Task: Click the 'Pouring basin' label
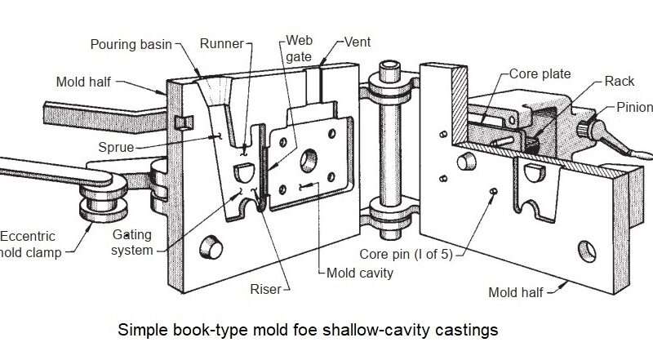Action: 131,44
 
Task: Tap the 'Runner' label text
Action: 222,45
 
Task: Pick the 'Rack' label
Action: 618,81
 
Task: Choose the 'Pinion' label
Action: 634,108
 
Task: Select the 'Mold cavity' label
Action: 360,272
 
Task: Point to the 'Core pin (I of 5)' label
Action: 405,253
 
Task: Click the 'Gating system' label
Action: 132,242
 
